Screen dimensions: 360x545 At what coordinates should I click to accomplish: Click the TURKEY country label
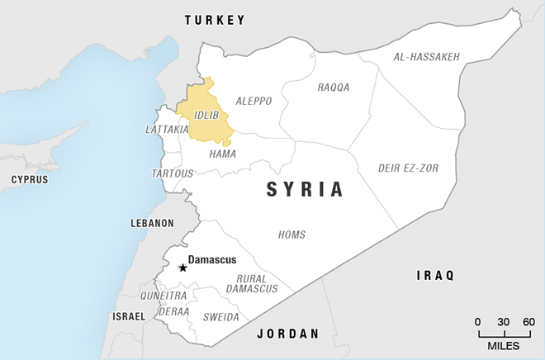point(215,20)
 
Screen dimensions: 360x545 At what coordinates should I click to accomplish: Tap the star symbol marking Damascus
point(182,268)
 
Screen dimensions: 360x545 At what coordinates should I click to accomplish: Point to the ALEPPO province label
point(254,101)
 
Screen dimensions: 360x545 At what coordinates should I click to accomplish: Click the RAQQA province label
point(334,87)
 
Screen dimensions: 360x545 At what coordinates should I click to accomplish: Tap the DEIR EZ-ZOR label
point(408,168)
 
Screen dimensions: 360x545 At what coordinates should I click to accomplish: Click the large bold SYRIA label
point(305,190)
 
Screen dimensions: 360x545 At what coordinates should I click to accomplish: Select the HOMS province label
point(291,234)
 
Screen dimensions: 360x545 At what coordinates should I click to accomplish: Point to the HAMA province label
point(222,154)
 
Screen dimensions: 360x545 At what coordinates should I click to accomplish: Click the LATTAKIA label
point(167,130)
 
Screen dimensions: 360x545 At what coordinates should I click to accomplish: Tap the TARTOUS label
point(172,173)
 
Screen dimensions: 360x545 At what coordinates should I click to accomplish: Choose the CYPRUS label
point(29,179)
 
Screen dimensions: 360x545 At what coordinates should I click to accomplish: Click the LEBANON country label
point(152,223)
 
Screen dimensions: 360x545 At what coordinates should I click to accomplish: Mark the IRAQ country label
point(435,276)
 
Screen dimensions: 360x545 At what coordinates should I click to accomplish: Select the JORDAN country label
point(287,334)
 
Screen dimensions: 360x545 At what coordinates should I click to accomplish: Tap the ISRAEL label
point(129,316)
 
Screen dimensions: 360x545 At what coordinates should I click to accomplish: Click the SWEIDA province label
point(221,317)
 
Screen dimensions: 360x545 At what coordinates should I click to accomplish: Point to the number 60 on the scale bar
point(528,321)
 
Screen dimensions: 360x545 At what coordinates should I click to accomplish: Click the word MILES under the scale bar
point(504,345)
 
